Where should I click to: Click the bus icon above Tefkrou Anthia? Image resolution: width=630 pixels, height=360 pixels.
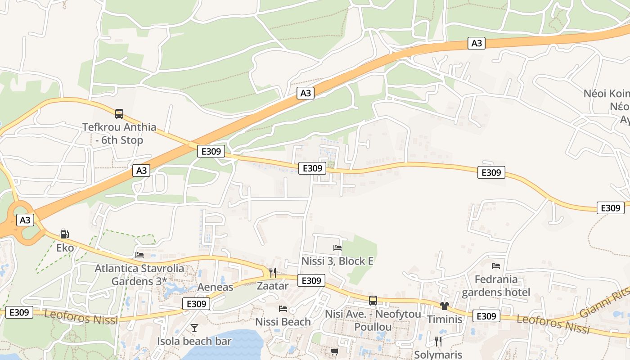point(119,114)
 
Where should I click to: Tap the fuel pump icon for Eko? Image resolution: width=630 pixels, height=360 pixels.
point(64,234)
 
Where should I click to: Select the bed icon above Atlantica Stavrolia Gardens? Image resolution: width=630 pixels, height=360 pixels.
point(139,255)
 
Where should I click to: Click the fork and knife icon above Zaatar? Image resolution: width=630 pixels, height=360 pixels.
point(272,272)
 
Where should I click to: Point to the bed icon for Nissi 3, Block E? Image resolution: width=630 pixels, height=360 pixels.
point(337,247)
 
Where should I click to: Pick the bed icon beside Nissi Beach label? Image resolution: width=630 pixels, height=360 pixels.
point(283,308)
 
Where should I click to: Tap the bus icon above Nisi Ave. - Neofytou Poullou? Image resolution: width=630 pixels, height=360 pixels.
point(373,301)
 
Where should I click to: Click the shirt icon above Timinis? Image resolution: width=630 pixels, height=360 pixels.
point(445,306)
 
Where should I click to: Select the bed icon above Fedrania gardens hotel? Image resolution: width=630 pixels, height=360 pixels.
point(496,266)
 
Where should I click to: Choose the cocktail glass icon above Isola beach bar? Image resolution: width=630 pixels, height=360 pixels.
point(194,328)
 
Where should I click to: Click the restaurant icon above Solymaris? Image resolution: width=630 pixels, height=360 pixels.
point(438,342)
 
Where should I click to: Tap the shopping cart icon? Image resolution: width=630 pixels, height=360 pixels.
point(334,352)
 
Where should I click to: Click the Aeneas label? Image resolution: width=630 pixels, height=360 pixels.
point(216,287)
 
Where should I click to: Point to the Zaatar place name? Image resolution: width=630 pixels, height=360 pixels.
point(272,286)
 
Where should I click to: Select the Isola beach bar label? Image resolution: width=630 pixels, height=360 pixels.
point(194,341)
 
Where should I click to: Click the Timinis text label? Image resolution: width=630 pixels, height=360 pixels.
point(445,319)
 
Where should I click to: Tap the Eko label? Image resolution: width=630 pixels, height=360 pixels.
point(65,247)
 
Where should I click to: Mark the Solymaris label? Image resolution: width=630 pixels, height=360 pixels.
point(438,355)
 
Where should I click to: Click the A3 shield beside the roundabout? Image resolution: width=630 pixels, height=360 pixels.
point(25,220)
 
